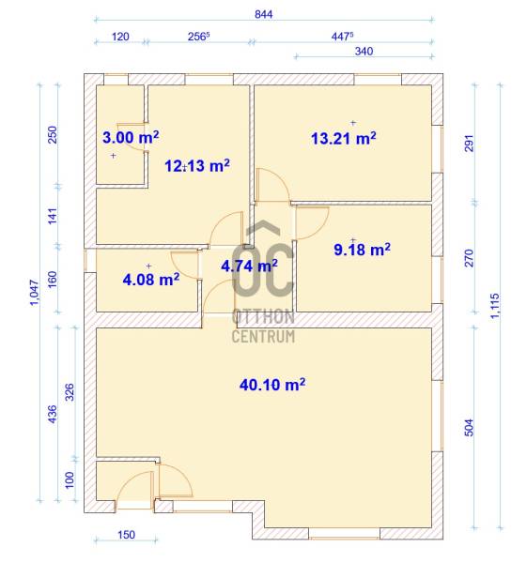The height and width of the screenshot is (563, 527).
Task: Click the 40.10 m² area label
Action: pyautogui.click(x=272, y=385)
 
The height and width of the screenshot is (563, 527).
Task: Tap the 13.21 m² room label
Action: pyautogui.click(x=343, y=138)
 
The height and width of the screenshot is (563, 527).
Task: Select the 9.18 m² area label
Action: pyautogui.click(x=362, y=250)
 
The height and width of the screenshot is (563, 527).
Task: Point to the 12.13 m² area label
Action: pyautogui.click(x=197, y=165)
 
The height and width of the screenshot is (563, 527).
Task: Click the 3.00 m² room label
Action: pyautogui.click(x=131, y=137)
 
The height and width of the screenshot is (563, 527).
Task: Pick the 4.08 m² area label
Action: pyautogui.click(x=151, y=280)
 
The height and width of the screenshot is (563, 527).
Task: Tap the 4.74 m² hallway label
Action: pyautogui.click(x=249, y=266)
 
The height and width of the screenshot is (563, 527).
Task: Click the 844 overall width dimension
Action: pyautogui.click(x=263, y=14)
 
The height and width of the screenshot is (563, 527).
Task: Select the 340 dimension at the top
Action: pyautogui.click(x=364, y=52)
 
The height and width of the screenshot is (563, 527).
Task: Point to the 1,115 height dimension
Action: pyautogui.click(x=495, y=306)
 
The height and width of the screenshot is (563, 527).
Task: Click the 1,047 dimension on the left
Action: pyautogui.click(x=34, y=292)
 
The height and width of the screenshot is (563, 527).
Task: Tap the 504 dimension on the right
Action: pyautogui.click(x=469, y=427)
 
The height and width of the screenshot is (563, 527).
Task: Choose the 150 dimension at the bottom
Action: pyautogui.click(x=127, y=535)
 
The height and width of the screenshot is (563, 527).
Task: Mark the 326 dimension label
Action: pyautogui.click(x=70, y=392)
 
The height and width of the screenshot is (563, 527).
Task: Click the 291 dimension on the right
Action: pyautogui.click(x=469, y=144)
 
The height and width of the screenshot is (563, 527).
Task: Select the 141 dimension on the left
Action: pyautogui.click(x=53, y=216)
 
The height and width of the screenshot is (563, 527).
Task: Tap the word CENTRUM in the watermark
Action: pyautogui.click(x=263, y=337)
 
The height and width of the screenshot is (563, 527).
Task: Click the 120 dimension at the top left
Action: pyautogui.click(x=120, y=37)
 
